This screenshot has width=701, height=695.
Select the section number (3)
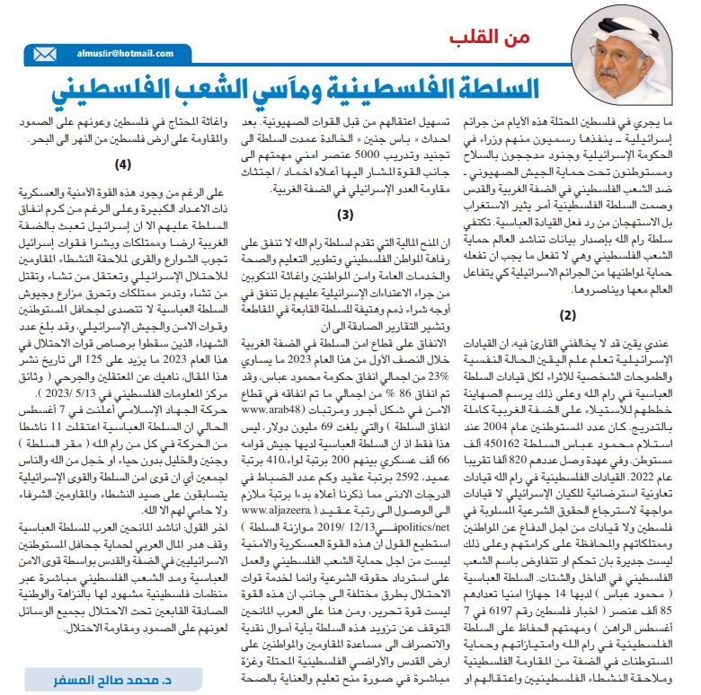346,215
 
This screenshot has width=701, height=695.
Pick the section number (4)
124,164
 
